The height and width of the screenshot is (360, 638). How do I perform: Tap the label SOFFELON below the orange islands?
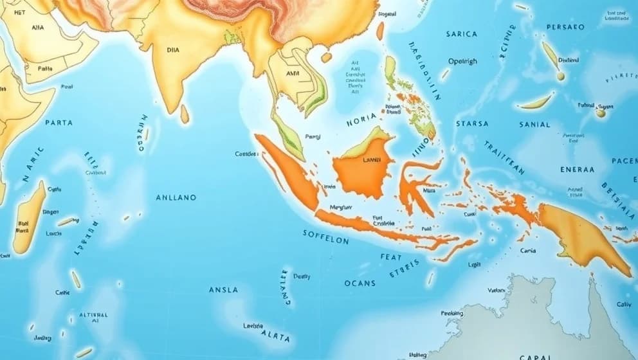325,237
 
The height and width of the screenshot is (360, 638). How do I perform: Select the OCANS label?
360,283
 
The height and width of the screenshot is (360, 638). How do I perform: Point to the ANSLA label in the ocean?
223,290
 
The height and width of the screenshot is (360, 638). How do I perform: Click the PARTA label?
59,122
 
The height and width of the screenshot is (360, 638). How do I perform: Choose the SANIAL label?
534,125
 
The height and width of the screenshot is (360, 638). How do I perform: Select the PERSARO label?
565,28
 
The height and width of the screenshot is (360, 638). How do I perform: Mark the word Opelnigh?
462,62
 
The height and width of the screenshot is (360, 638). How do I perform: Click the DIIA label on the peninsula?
173,49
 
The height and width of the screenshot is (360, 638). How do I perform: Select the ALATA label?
275,336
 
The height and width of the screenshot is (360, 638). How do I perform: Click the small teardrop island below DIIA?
185,114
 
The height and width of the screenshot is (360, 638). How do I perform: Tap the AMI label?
293,73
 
